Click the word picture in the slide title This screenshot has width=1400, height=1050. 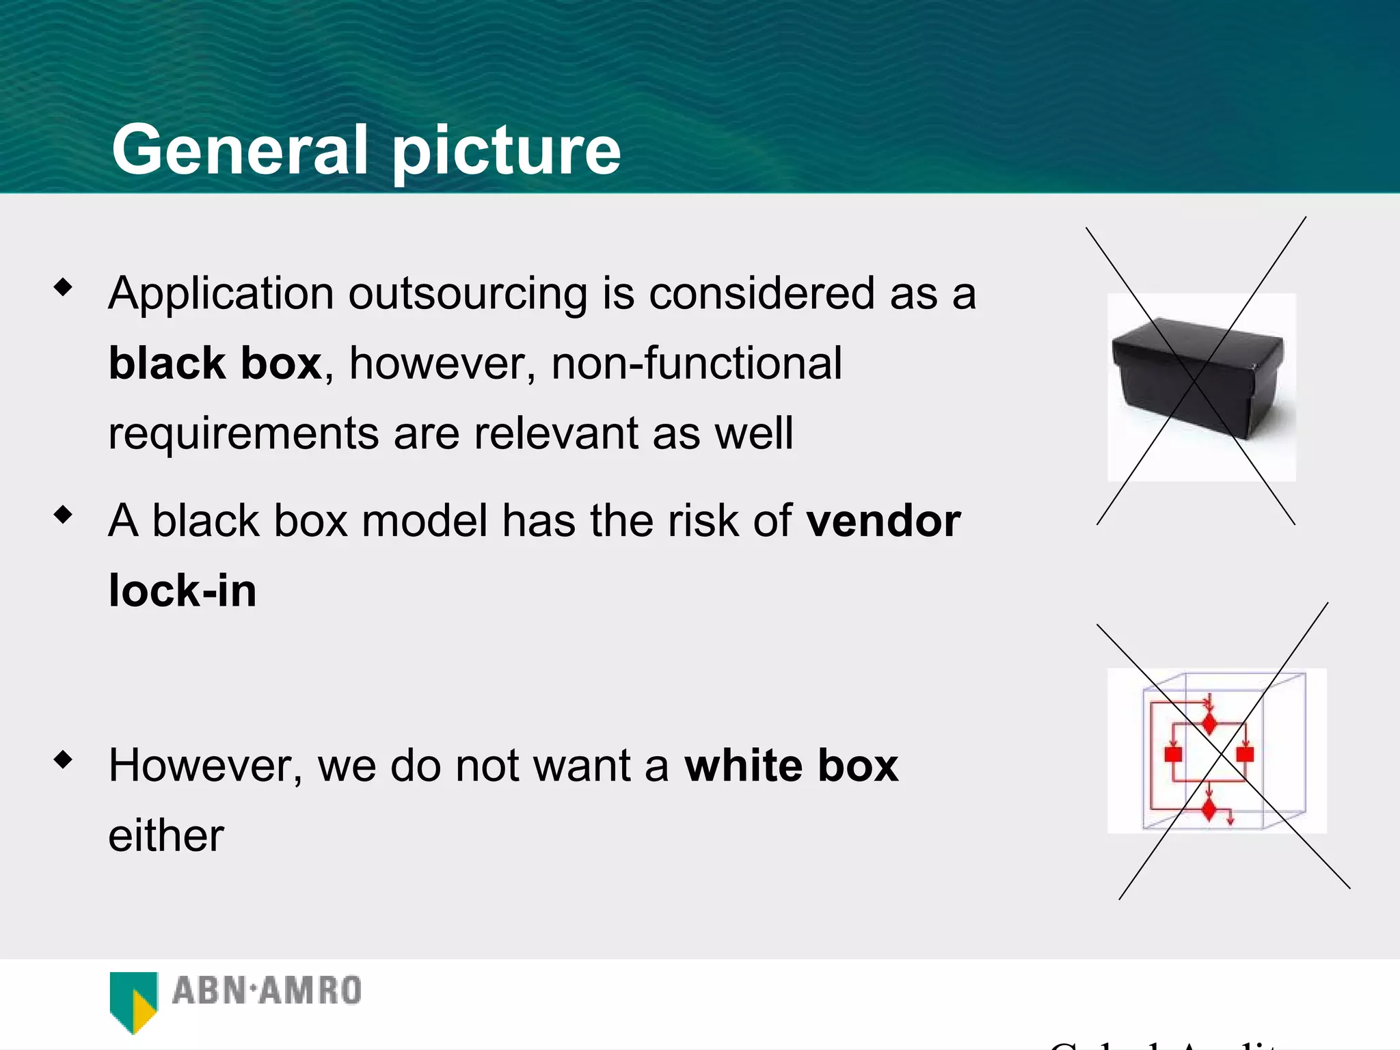pyautogui.click(x=506, y=152)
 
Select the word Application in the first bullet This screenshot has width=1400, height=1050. pyautogui.click(x=221, y=294)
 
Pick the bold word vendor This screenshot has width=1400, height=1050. pyautogui.click(x=883, y=521)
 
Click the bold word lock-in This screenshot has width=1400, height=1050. pyautogui.click(x=183, y=591)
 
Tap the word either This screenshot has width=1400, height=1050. pyautogui.click(x=166, y=835)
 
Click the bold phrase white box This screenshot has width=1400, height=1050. pyautogui.click(x=791, y=766)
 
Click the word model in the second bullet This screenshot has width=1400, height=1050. pyautogui.click(x=424, y=521)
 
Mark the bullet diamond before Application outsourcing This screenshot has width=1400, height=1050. pyautogui.click(x=63, y=286)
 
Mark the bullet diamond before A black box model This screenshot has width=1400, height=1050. pyautogui.click(x=63, y=514)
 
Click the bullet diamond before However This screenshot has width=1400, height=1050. pyautogui.click(x=63, y=759)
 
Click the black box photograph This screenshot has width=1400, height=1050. pyautogui.click(x=1201, y=387)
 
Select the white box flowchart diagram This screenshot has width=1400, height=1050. pyautogui.click(x=1217, y=751)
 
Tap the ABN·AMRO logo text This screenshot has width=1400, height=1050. pyautogui.click(x=267, y=991)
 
